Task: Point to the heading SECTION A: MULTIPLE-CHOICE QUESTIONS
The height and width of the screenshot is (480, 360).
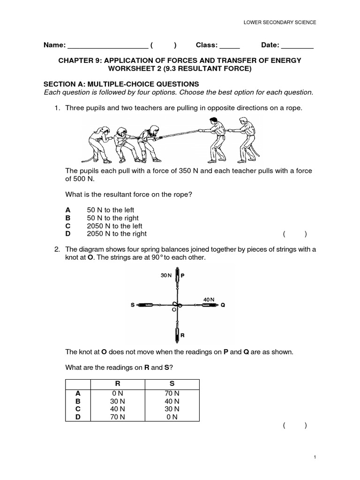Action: (121, 84)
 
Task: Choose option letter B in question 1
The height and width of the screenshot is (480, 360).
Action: (68, 218)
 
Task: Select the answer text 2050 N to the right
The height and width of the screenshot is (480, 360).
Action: (117, 233)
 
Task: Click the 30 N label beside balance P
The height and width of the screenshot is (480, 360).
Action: (166, 276)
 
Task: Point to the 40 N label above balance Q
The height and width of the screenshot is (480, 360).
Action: (209, 299)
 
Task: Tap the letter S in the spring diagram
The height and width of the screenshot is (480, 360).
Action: (133, 305)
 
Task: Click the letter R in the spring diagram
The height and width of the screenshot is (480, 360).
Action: (182, 336)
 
